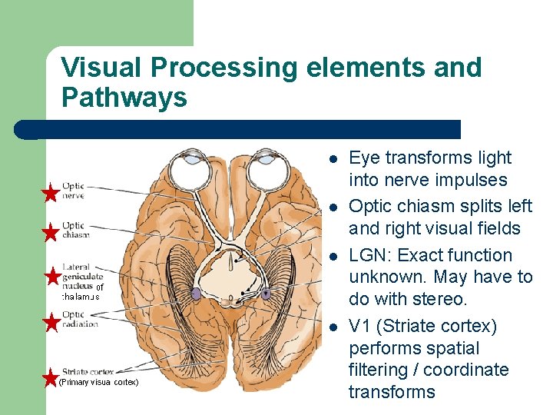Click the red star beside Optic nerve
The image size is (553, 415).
point(50,192)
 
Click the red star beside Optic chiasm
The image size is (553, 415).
point(50,231)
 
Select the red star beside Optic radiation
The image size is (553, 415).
point(50,322)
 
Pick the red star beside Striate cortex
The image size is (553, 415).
point(50,377)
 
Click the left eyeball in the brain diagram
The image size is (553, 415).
point(187,168)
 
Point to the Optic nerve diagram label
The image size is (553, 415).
point(74,191)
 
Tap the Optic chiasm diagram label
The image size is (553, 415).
point(76,230)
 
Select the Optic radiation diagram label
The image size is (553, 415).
point(80,319)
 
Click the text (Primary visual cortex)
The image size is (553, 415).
point(98,382)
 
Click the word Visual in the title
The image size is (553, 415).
point(102,68)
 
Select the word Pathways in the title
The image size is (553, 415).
point(124,98)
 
